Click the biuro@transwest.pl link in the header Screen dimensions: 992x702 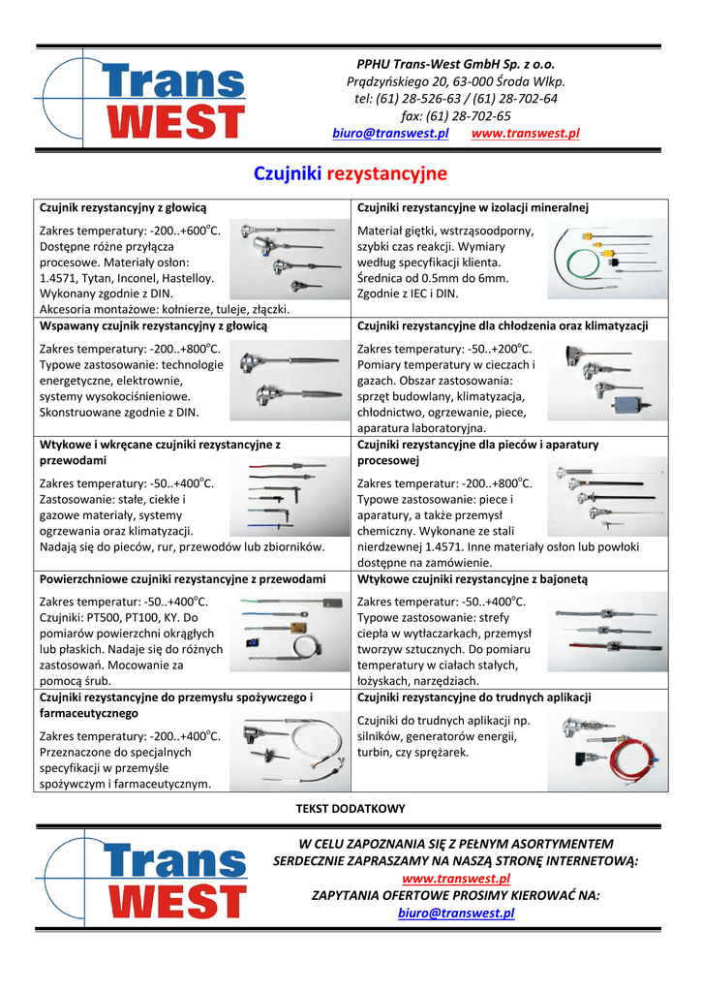point(390,134)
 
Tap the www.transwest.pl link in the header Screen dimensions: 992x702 point(524,134)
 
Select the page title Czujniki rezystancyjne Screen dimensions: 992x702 point(351,174)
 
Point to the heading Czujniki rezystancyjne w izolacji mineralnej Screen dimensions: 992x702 point(473,208)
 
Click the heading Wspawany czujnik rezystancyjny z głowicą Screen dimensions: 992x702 point(153,326)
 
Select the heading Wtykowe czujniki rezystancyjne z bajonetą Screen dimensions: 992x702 point(473,579)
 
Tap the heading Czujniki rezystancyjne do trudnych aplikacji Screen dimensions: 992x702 point(474,697)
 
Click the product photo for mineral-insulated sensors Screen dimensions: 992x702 point(605,260)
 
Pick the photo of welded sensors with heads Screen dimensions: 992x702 point(289,378)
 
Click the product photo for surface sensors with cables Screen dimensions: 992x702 point(289,630)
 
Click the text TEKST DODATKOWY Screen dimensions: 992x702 point(351,808)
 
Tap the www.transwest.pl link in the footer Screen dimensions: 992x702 point(456,879)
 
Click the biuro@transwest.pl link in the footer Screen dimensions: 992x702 point(456,913)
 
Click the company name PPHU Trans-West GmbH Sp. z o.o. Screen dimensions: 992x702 point(455,64)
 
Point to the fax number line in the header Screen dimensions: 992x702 point(455,116)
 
